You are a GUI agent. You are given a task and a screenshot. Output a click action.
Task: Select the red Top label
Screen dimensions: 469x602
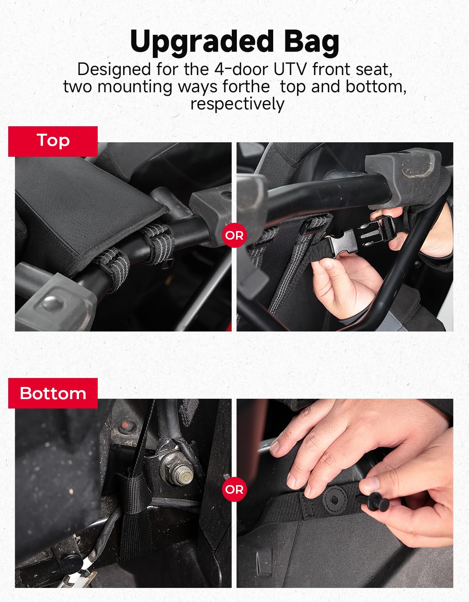click(x=53, y=141)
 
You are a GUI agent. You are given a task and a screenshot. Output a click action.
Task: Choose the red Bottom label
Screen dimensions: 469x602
click(x=53, y=393)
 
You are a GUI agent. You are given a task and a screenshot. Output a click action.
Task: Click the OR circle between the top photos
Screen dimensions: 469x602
click(x=234, y=235)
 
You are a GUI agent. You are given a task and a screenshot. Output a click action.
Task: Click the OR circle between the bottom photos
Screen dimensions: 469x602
click(x=234, y=489)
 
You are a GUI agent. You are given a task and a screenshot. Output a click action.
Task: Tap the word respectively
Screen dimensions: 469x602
click(x=237, y=104)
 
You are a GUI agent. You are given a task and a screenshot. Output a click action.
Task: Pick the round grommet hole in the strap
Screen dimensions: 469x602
click(x=335, y=500)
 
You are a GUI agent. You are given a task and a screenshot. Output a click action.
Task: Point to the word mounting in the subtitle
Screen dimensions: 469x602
click(x=135, y=88)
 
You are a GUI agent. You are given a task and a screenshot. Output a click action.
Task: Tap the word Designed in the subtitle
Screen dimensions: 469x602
click(x=114, y=69)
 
